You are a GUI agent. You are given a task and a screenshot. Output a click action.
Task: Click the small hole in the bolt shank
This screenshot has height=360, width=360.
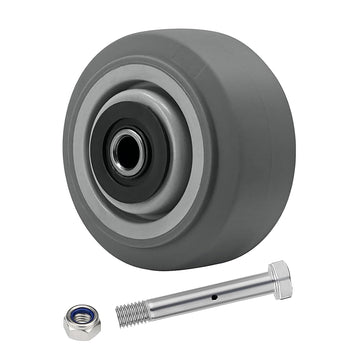point(213,297)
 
